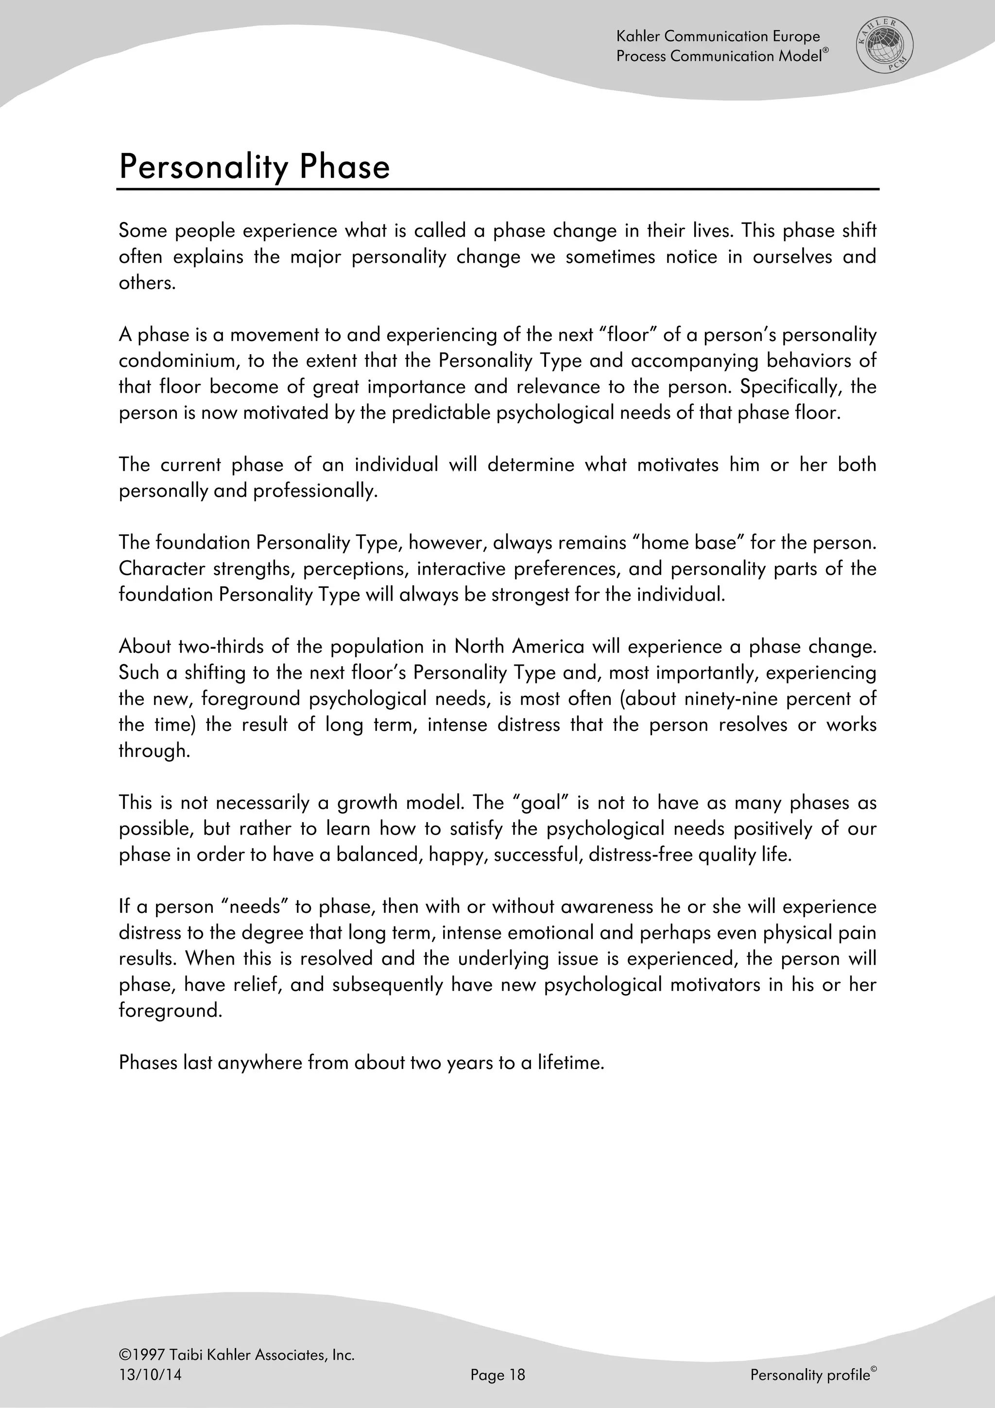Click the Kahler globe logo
(x=884, y=46)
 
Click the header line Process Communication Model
(x=721, y=56)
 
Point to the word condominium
(x=177, y=361)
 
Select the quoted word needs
(x=253, y=907)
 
